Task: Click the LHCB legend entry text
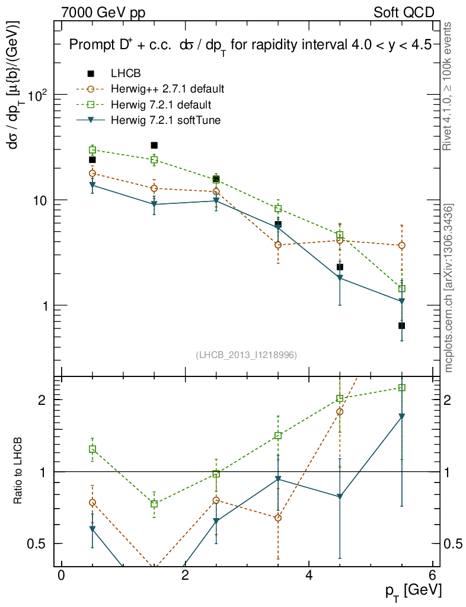pyautogui.click(x=125, y=74)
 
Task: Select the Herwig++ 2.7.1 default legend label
pyautogui.click(x=167, y=90)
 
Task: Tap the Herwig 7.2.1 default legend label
pyautogui.click(x=160, y=105)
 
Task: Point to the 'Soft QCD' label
pyautogui.click(x=404, y=12)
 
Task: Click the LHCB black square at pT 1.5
pyautogui.click(x=154, y=145)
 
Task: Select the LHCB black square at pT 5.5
pyautogui.click(x=402, y=325)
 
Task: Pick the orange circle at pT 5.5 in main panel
pyautogui.click(x=402, y=245)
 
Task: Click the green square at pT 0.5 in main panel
pyautogui.click(x=92, y=150)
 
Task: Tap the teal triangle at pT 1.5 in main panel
pyautogui.click(x=154, y=205)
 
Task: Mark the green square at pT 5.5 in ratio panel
pyautogui.click(x=402, y=388)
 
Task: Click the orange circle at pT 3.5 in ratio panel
pyautogui.click(x=278, y=518)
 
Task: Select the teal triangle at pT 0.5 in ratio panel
pyautogui.click(x=92, y=529)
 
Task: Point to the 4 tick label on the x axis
pyautogui.click(x=309, y=576)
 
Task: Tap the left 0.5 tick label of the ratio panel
pyautogui.click(x=40, y=544)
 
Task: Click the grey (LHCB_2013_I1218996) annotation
pyautogui.click(x=246, y=355)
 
